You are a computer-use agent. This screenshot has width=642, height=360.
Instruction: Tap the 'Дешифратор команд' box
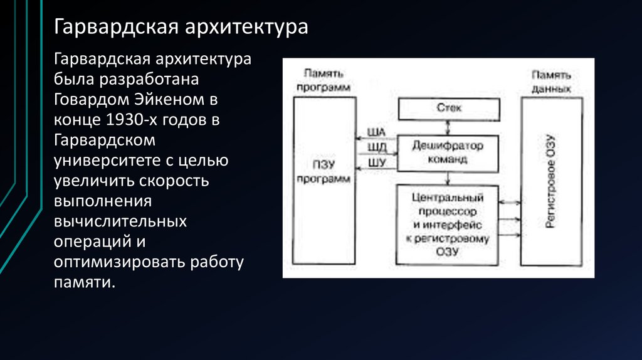click(448, 152)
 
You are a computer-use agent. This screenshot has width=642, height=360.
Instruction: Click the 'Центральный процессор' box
click(448, 224)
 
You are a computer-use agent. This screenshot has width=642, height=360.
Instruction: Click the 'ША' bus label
click(379, 132)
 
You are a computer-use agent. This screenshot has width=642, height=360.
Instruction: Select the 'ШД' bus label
click(379, 147)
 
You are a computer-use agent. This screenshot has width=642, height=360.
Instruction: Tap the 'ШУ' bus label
click(379, 163)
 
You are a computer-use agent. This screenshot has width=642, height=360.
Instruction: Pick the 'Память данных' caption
click(551, 82)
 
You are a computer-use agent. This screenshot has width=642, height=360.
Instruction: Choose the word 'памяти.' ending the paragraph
click(85, 282)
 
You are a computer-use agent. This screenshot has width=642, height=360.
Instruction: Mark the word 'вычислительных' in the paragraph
click(120, 222)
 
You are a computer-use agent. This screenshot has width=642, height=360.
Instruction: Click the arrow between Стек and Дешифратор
click(448, 128)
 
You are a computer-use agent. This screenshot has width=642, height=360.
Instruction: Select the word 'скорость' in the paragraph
click(181, 181)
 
